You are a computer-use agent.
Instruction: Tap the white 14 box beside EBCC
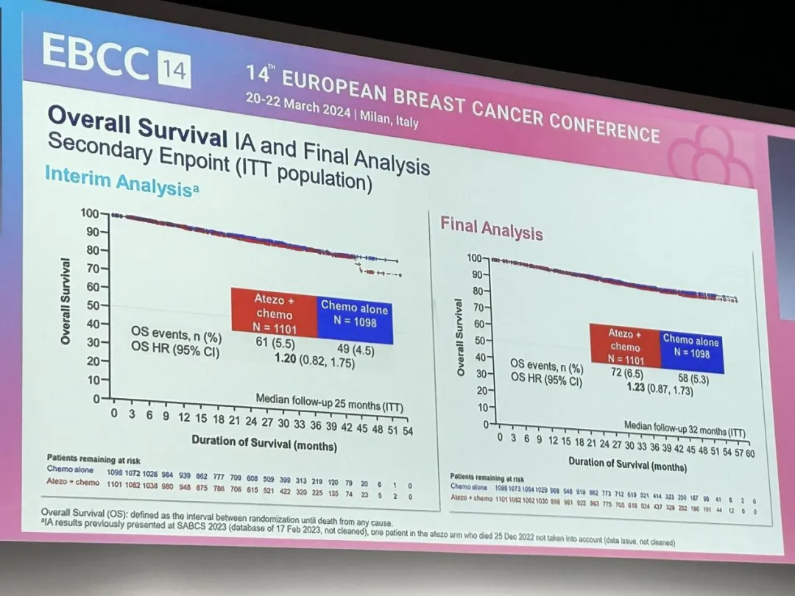click(173, 72)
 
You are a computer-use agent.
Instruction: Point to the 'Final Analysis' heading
click(491, 228)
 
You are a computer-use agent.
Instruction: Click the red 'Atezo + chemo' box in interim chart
click(274, 313)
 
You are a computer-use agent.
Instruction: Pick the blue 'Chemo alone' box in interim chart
click(354, 318)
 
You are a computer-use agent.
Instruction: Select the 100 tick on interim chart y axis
click(90, 213)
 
